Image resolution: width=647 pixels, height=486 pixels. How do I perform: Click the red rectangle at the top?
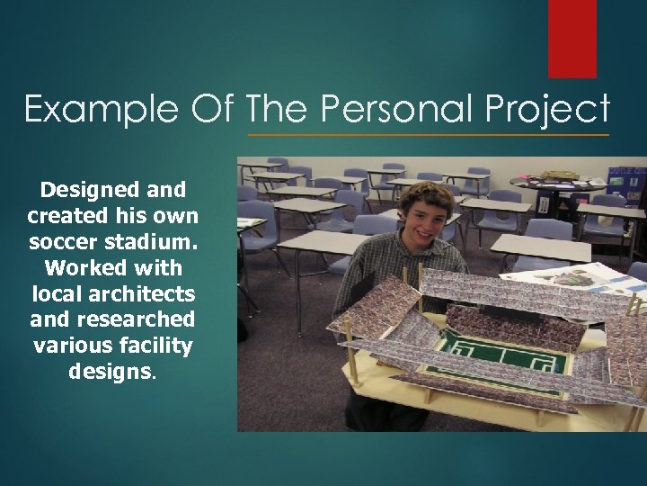click(x=572, y=38)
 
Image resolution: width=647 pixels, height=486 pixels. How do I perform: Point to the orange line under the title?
click(x=428, y=135)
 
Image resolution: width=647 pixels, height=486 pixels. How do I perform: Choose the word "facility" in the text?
click(x=163, y=345)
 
